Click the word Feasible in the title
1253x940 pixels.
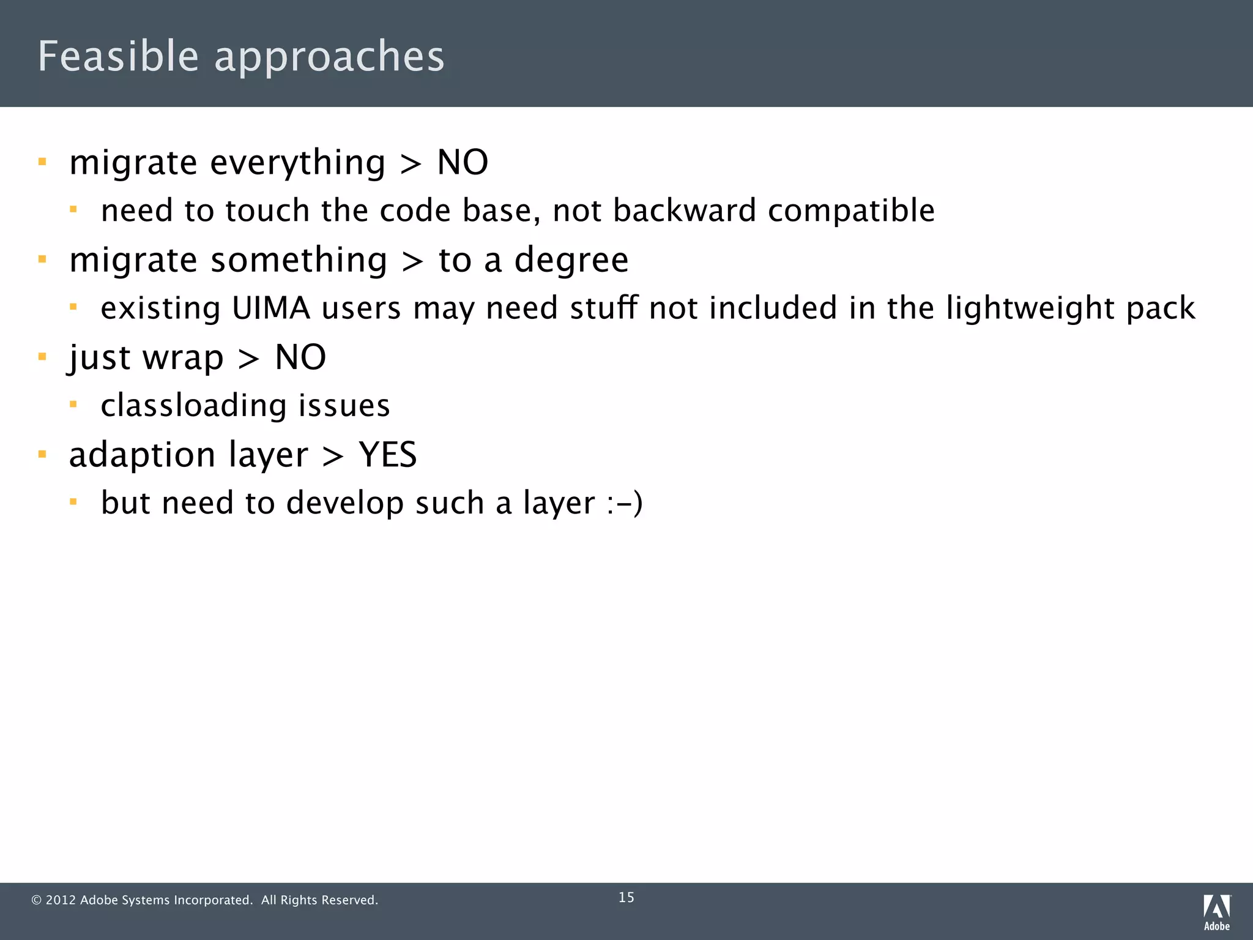tap(118, 56)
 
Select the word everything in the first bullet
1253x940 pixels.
tap(298, 164)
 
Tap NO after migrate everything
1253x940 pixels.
tap(463, 163)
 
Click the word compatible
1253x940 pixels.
tap(851, 212)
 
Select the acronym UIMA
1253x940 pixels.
tap(271, 308)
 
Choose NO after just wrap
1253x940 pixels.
tap(300, 357)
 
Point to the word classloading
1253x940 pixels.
tap(193, 406)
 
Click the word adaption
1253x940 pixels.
tap(142, 456)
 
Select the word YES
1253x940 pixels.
tap(388, 455)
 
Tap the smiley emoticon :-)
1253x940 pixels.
tap(625, 504)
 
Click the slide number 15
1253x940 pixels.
tap(626, 897)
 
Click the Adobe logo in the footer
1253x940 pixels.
tap(1217, 912)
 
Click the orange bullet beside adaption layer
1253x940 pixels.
tap(42, 454)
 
